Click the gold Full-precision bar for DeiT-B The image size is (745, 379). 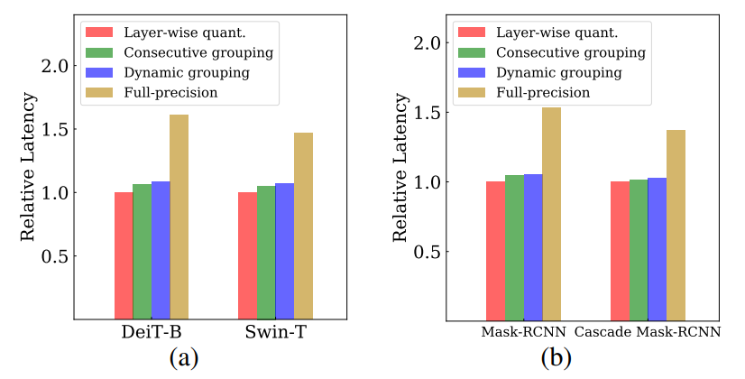tap(179, 217)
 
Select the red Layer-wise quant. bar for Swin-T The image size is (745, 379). tap(247, 255)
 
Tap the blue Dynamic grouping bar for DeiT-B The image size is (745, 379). tap(161, 250)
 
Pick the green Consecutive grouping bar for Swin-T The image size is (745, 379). tap(266, 253)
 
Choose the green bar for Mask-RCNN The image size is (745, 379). tap(514, 247)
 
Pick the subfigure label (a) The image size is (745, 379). tap(183, 358)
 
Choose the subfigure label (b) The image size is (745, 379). tap(556, 358)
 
